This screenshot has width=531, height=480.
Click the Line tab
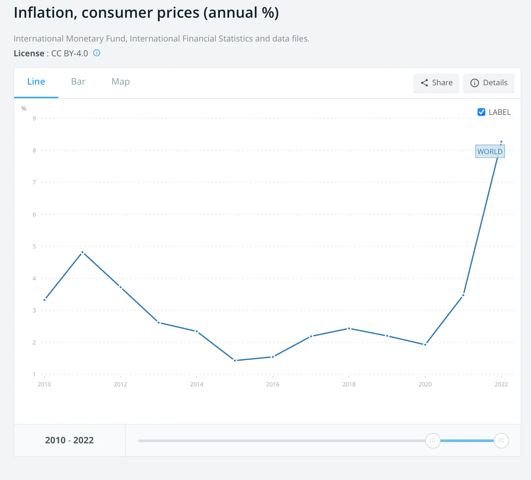[36, 82]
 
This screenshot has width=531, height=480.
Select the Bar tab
[78, 82]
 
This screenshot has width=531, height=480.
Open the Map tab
[120, 82]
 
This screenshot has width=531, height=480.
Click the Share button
[436, 83]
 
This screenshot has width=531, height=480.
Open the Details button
[489, 83]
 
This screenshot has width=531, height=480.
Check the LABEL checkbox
[481, 112]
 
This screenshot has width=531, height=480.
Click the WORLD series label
[490, 152]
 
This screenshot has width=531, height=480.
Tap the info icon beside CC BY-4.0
[97, 53]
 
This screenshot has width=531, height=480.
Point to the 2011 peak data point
[82, 252]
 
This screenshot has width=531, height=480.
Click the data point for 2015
[235, 360]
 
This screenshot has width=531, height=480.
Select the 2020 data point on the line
[425, 345]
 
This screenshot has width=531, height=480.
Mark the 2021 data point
[463, 295]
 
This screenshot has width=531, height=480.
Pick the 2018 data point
[349, 328]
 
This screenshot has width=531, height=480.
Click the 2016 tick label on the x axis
[273, 384]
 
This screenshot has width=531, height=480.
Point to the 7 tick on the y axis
[34, 182]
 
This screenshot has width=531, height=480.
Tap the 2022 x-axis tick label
[501, 384]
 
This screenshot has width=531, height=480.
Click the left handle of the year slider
[433, 440]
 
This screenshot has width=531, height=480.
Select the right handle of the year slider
[501, 440]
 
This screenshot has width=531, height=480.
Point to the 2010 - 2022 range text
[69, 440]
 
